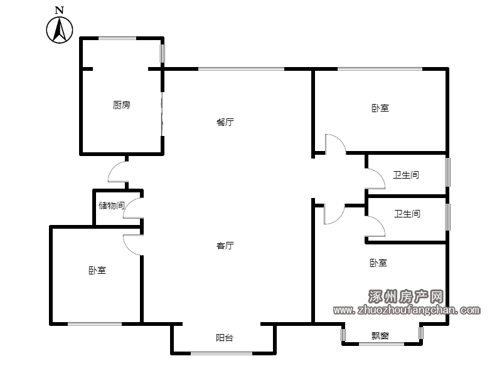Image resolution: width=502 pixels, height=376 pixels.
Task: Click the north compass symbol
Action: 60,29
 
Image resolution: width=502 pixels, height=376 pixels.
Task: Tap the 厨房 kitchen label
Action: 122,105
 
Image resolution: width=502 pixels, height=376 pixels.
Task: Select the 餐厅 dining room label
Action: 225,122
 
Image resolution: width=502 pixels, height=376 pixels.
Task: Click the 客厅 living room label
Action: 225,245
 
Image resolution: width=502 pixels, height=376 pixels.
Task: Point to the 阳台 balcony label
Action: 225,338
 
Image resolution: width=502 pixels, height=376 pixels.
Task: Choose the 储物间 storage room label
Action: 112,206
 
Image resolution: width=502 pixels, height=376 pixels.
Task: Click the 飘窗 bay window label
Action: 380,336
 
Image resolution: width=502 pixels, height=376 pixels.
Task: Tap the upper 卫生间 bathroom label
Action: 406,175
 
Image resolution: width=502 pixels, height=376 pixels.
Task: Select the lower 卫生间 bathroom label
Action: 407,214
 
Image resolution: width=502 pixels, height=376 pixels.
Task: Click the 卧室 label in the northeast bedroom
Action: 380,108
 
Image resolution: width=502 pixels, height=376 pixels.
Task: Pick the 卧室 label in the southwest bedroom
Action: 97,271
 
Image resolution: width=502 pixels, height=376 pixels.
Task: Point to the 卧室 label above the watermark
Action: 378,263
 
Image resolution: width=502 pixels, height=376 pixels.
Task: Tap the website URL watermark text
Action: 407,310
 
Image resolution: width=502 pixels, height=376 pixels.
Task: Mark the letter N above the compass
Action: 60,10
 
